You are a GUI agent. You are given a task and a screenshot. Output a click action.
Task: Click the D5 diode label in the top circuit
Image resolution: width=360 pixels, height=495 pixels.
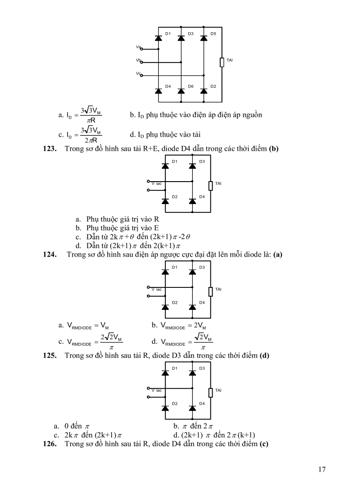click(213, 33)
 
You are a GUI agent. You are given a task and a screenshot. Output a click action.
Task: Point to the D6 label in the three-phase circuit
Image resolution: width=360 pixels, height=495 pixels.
click(191, 86)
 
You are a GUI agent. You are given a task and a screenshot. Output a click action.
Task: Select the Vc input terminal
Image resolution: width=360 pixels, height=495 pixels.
click(141, 75)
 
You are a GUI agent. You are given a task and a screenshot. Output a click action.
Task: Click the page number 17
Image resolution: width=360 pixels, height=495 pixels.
click(322, 469)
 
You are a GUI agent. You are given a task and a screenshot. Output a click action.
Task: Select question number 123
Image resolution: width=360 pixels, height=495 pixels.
click(49, 149)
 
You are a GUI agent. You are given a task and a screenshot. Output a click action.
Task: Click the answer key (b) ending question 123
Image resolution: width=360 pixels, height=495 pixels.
click(274, 149)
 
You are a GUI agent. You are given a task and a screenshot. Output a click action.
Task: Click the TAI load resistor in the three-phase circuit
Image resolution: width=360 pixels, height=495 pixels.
click(222, 62)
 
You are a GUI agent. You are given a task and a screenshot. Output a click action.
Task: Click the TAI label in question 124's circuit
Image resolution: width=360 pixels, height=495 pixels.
click(218, 289)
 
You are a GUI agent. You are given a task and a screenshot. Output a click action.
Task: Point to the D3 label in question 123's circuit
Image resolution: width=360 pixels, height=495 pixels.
click(202, 161)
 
